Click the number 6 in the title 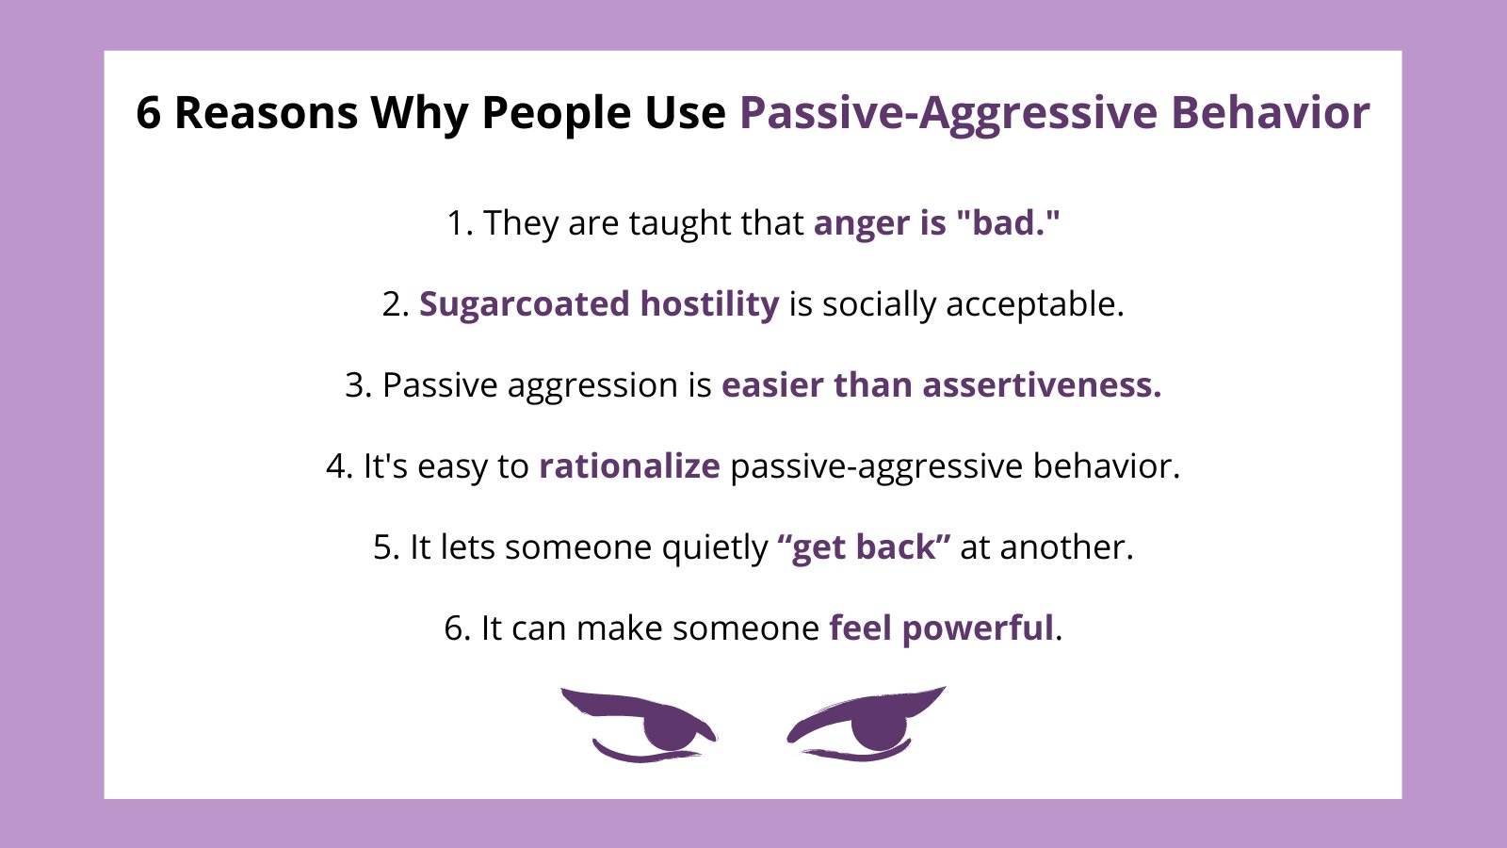[149, 113]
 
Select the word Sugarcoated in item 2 [524, 305]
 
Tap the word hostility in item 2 [709, 304]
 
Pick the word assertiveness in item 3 [1042, 385]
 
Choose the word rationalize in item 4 [629, 466]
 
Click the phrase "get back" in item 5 [864, 547]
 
